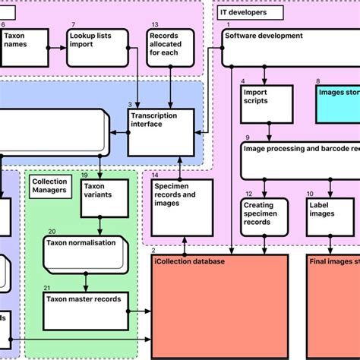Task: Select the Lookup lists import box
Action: [94, 46]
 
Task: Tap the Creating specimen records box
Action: [264, 216]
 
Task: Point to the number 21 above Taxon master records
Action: [47, 287]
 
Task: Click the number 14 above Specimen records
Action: [155, 175]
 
